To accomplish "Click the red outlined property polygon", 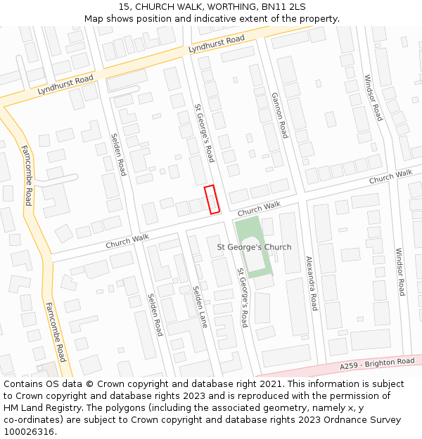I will [x=212, y=199].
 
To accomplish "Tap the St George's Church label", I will [x=253, y=247].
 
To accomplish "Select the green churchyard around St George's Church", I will [x=247, y=232].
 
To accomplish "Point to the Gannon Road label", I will [x=279, y=115].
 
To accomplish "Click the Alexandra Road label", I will [x=311, y=283].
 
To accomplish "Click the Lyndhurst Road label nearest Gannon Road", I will [x=216, y=44].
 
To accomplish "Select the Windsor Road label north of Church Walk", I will [x=373, y=98].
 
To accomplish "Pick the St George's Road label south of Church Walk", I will [x=242, y=298].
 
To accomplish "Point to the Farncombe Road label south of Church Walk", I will [x=56, y=331].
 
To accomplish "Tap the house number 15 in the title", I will [x=124, y=6].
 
